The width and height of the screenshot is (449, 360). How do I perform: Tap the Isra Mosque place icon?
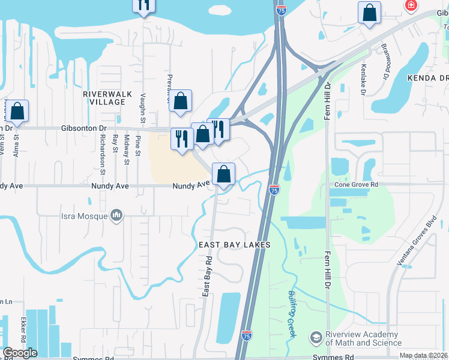[x=116, y=215]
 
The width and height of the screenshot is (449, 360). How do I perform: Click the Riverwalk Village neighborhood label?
[x=104, y=98]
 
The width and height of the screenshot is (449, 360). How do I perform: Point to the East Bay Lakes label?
[x=235, y=245]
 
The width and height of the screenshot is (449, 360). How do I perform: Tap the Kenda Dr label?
[x=428, y=78]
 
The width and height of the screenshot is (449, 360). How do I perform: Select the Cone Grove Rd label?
[x=357, y=185]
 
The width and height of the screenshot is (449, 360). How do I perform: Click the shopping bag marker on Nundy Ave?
[x=223, y=175]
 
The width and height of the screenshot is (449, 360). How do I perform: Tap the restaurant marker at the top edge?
[x=143, y=5]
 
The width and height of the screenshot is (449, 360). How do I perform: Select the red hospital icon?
[x=411, y=6]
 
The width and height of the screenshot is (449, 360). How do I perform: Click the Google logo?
[x=20, y=353]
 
